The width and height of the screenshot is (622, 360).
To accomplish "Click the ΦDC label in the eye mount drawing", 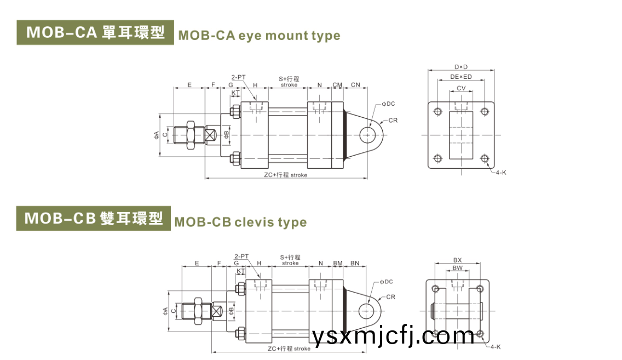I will click(x=388, y=104).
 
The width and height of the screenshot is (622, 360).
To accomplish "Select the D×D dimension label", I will click(x=461, y=67).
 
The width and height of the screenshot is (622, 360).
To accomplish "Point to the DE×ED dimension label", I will click(x=461, y=77).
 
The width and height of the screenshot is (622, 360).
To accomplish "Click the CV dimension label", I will click(x=461, y=88).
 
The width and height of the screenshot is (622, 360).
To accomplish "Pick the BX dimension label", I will click(x=458, y=260).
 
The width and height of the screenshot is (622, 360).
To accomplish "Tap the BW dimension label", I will click(x=458, y=268).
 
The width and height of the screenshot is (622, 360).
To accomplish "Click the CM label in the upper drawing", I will click(x=337, y=85).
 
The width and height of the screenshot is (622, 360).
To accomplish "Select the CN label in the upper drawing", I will click(x=355, y=85).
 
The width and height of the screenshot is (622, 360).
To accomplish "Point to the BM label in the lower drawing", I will click(x=338, y=264).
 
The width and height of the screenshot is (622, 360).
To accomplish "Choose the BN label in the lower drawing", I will click(x=355, y=264).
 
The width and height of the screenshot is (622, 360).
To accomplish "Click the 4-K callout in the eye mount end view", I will click(x=501, y=173).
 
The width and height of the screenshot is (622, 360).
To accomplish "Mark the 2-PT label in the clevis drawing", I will click(x=241, y=256).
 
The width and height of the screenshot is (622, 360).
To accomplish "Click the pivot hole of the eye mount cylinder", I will click(x=367, y=134).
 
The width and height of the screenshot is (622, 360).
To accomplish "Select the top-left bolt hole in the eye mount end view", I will click(x=437, y=112).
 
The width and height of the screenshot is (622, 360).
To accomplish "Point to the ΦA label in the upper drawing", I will click(x=157, y=134).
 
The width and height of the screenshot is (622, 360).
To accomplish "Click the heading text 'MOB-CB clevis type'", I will click(x=240, y=222).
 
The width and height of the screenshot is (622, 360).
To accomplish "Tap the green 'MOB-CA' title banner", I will click(x=95, y=32).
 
